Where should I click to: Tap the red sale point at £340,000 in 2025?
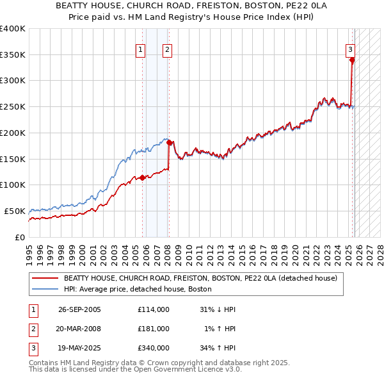tap(352, 60)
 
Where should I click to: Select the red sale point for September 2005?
tap(143, 177)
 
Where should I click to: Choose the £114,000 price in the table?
tap(153, 309)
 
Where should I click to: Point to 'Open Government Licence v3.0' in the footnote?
tap(186, 370)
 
